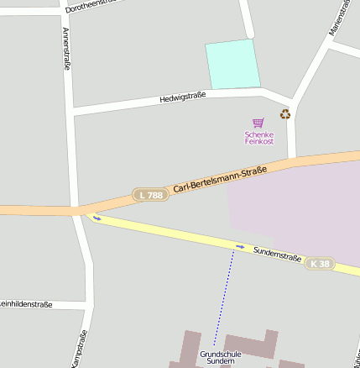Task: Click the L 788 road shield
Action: click(x=152, y=195)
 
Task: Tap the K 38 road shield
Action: click(x=319, y=264)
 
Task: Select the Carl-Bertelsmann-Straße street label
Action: click(x=220, y=179)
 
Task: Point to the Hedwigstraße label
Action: click(x=182, y=98)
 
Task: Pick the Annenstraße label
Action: click(x=66, y=48)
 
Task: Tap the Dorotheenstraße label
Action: click(x=92, y=6)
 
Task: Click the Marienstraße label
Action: click(x=339, y=18)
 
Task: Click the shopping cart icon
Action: click(x=258, y=123)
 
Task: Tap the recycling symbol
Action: click(x=285, y=113)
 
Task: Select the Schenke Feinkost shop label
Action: click(x=259, y=138)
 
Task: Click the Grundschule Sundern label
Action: click(x=221, y=357)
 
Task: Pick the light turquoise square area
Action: click(x=232, y=64)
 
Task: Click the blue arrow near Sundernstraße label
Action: click(x=240, y=246)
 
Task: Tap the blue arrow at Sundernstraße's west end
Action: click(x=97, y=218)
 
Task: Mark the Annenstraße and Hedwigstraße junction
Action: click(x=72, y=110)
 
